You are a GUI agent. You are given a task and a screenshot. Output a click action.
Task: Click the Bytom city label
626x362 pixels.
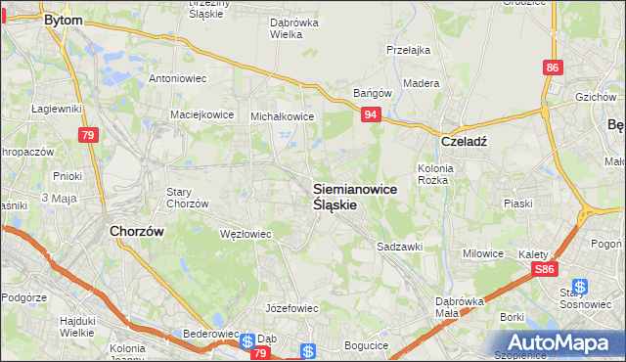pyautogui.click(x=62, y=19)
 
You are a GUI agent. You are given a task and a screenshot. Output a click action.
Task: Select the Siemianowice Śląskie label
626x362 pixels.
pyautogui.click(x=355, y=197)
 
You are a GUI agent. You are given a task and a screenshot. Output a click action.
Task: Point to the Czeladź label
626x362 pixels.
pyautogui.click(x=465, y=140)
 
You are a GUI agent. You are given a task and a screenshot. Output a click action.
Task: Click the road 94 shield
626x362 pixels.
pyautogui.click(x=371, y=114)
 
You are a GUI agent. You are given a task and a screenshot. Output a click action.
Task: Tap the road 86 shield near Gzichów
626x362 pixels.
pyautogui.click(x=554, y=68)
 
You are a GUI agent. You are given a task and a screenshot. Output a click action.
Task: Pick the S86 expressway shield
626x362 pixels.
pyautogui.click(x=545, y=268)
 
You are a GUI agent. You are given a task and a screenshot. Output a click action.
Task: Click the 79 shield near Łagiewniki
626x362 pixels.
pyautogui.click(x=89, y=134)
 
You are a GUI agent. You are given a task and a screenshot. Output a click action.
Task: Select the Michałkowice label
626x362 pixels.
pyautogui.click(x=283, y=115)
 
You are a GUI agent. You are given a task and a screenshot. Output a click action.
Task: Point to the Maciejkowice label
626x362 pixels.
pyautogui.click(x=202, y=113)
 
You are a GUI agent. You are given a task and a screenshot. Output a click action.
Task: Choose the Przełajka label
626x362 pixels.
pyautogui.click(x=409, y=49)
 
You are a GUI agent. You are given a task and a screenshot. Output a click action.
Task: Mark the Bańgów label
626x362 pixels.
pyautogui.click(x=373, y=94)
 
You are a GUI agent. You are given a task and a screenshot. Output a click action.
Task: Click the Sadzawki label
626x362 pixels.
pyautogui.click(x=399, y=248)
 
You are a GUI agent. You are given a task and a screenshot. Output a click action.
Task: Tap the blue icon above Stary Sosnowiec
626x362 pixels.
pyautogui.click(x=580, y=287)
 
